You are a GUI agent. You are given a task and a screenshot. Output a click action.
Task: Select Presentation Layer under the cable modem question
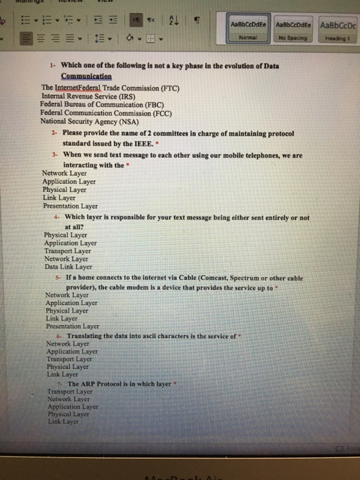coord(72,326)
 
